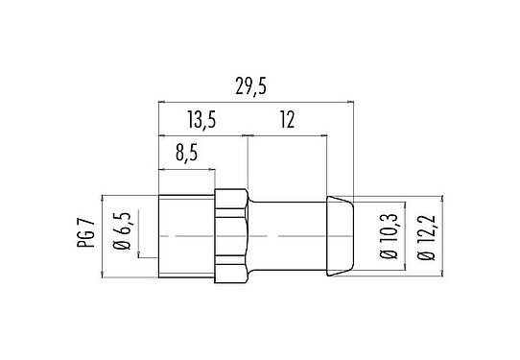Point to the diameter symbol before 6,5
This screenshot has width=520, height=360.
click(122, 252)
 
